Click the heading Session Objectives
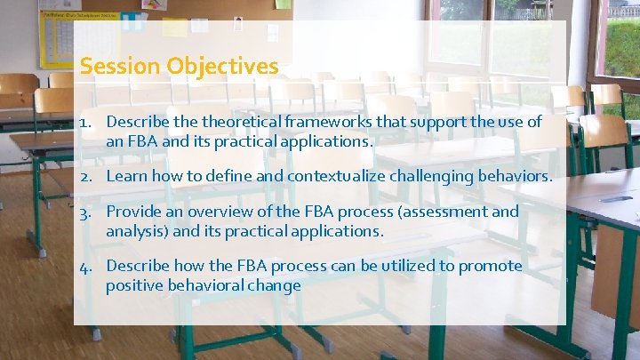coord(179,67)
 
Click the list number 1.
coord(84,121)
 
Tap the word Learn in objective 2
coord(126,176)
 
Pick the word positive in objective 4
coord(132,285)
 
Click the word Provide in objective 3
coord(133,212)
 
